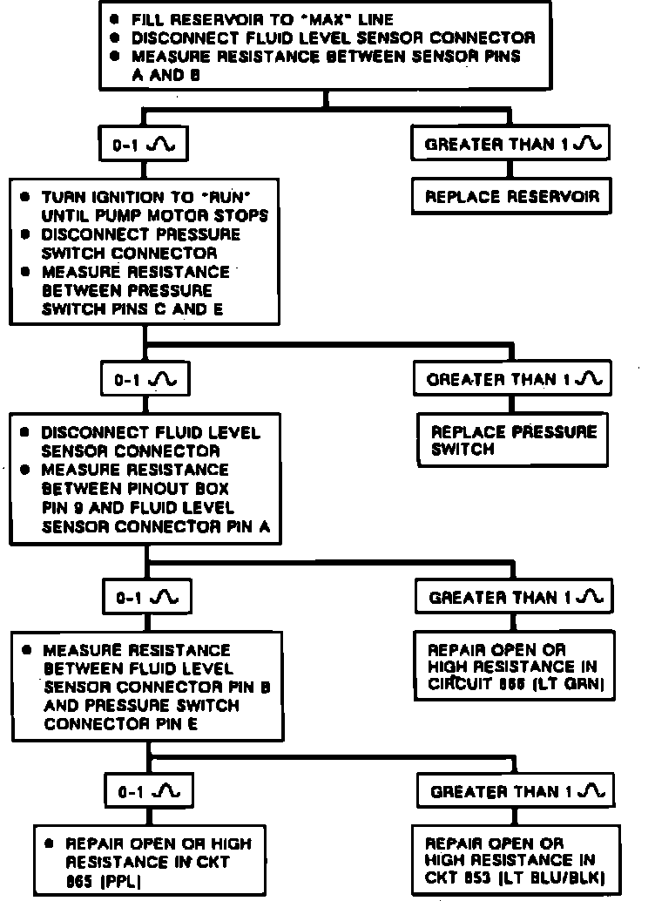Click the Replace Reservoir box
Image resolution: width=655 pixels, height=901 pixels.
[x=511, y=197]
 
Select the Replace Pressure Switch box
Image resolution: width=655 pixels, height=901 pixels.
[x=515, y=440]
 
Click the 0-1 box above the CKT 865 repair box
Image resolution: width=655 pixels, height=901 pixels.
[x=146, y=791]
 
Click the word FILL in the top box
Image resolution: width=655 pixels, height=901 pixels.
[x=146, y=19]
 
